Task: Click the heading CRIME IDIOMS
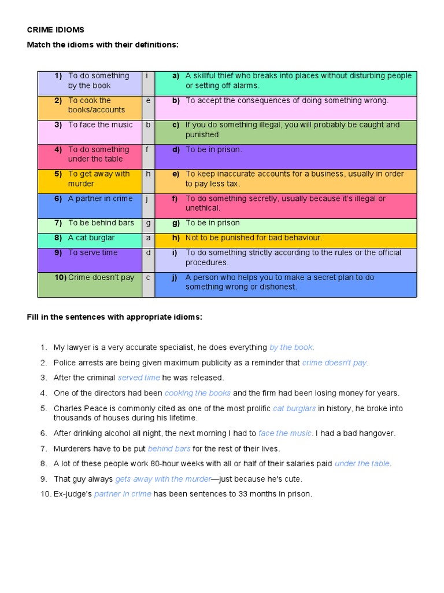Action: [55, 30]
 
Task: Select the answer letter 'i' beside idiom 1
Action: [147, 76]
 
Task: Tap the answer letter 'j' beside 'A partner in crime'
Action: [147, 199]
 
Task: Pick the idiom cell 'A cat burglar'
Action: [91, 238]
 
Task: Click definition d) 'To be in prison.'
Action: [213, 149]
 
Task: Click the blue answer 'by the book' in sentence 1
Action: [291, 347]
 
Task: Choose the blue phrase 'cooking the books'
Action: [197, 393]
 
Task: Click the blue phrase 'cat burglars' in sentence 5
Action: [294, 409]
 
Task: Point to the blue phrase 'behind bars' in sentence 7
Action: [169, 449]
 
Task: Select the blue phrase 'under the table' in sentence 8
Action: [362, 464]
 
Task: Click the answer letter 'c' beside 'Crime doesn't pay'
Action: [147, 277]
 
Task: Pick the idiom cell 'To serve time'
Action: [92, 253]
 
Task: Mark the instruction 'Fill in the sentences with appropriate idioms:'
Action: [114, 317]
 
